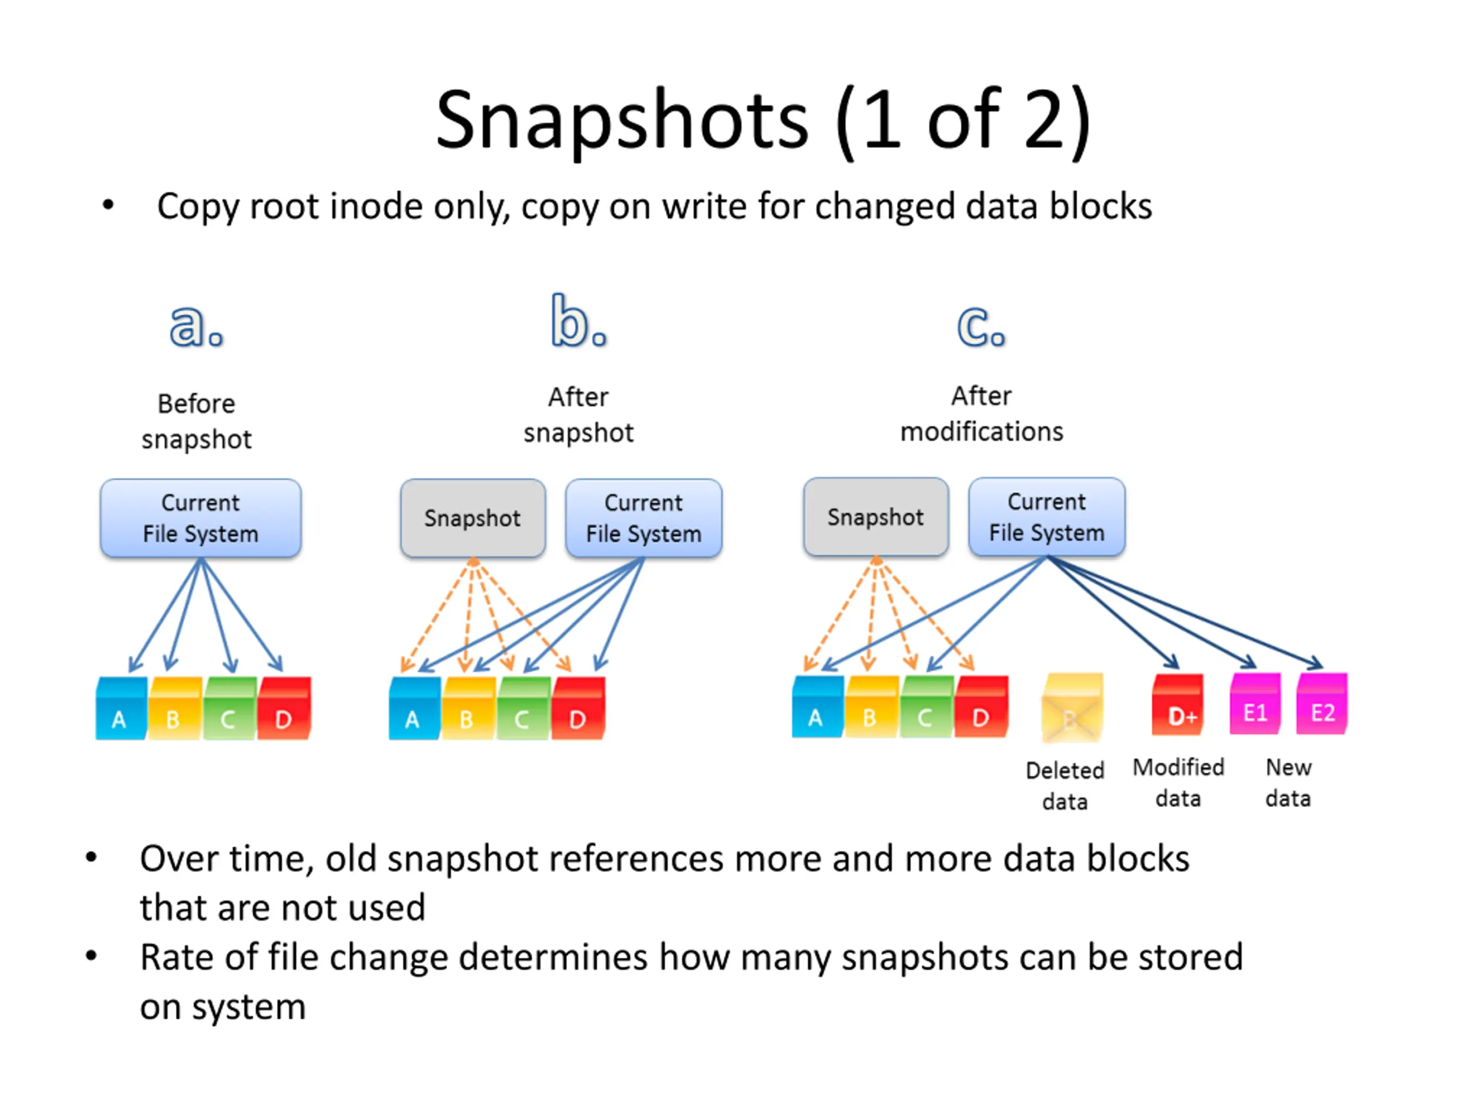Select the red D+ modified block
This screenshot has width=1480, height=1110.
click(x=1178, y=705)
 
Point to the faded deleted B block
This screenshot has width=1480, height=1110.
click(x=1072, y=707)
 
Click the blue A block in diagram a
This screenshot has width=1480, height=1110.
click(x=121, y=708)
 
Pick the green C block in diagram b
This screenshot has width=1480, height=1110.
click(x=524, y=708)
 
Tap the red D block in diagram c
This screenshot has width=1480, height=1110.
click(x=982, y=706)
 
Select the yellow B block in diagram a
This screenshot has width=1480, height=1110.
click(x=175, y=708)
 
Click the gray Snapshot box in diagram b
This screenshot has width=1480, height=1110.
click(x=473, y=518)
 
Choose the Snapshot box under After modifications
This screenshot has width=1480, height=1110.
click(x=876, y=516)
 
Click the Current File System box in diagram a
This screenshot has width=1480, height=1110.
click(x=201, y=518)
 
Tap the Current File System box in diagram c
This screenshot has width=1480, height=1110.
click(x=1047, y=516)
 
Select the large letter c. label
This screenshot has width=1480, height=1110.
click(x=982, y=327)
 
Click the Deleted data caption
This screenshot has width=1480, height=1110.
click(x=1065, y=786)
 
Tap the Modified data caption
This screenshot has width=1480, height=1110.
click(x=1178, y=783)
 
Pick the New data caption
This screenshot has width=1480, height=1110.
click(x=1288, y=783)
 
